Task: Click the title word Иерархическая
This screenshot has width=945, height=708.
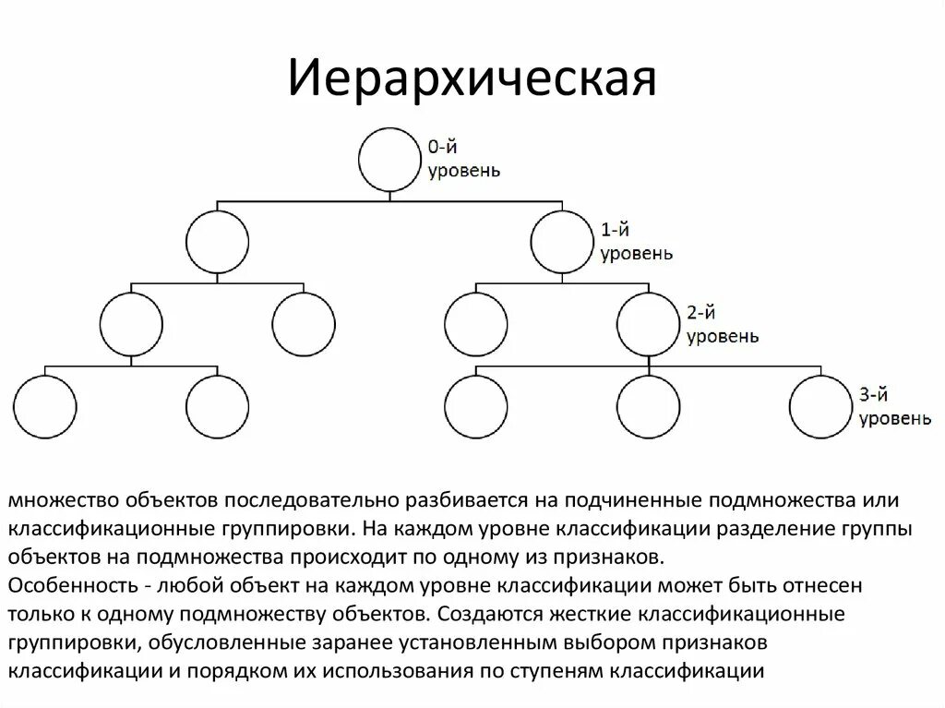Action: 472,80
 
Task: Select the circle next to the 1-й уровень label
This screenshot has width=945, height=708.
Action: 561,241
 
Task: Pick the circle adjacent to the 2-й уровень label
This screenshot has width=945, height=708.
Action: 648,323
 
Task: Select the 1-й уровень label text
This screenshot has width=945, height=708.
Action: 636,242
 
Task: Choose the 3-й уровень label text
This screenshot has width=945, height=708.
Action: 894,408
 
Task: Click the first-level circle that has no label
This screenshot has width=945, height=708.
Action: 217,241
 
